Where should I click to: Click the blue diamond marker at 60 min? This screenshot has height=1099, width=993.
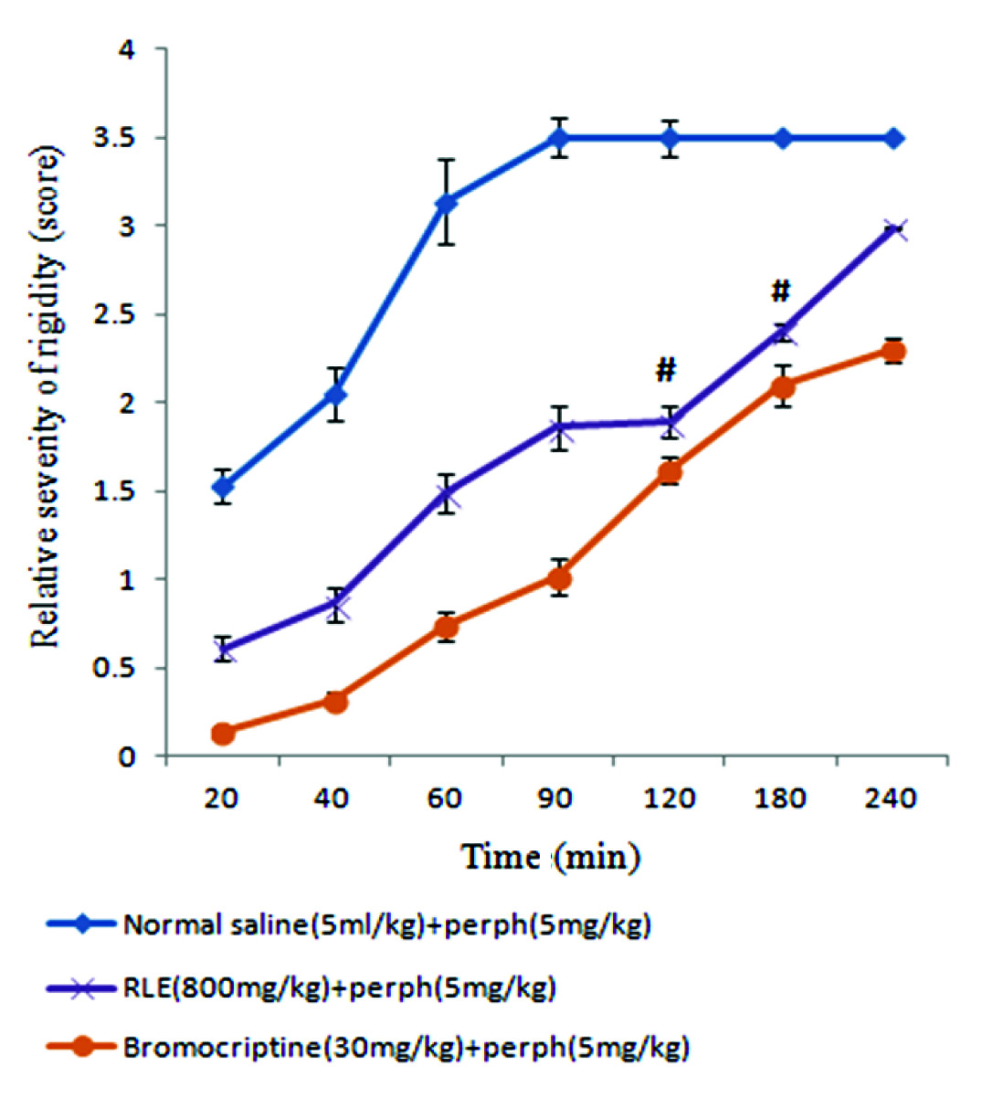click(446, 203)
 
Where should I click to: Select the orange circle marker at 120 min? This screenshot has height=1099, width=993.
click(671, 472)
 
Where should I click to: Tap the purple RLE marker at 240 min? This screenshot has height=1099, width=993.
click(895, 229)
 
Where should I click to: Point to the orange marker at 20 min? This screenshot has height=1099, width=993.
click(222, 733)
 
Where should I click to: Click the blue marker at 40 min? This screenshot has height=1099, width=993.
click(335, 394)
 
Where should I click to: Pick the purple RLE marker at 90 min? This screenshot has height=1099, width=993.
click(559, 426)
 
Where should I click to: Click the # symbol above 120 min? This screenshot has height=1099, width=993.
click(666, 370)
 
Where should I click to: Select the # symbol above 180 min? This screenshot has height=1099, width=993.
click(780, 291)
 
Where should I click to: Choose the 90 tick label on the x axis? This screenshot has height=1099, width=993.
click(556, 798)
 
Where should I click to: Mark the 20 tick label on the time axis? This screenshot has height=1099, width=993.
click(221, 798)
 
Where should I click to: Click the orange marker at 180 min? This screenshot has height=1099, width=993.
click(783, 387)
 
